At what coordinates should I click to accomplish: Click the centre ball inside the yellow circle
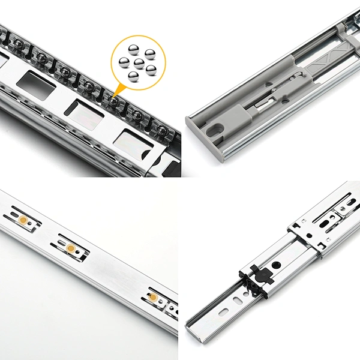[137, 62]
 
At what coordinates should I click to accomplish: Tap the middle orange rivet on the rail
[71, 248]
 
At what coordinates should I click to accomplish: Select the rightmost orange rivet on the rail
[154, 298]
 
